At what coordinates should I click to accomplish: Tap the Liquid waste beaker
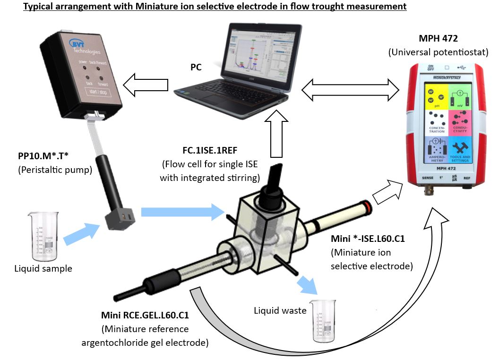click(x=324, y=321)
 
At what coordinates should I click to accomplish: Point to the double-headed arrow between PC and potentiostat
click(x=351, y=90)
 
